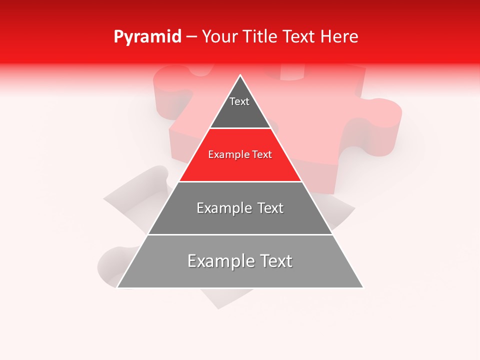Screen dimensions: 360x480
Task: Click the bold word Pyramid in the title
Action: tap(147, 37)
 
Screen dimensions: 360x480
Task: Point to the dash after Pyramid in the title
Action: tap(191, 37)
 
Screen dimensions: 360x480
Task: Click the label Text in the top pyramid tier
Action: tap(239, 101)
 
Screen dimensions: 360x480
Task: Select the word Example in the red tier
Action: tap(227, 155)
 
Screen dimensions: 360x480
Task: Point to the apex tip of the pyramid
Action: tap(240, 75)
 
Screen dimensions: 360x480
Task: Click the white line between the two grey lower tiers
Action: tap(240, 234)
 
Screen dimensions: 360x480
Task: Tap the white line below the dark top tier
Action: tap(240, 128)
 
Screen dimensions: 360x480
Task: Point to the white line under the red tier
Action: tap(240, 181)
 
